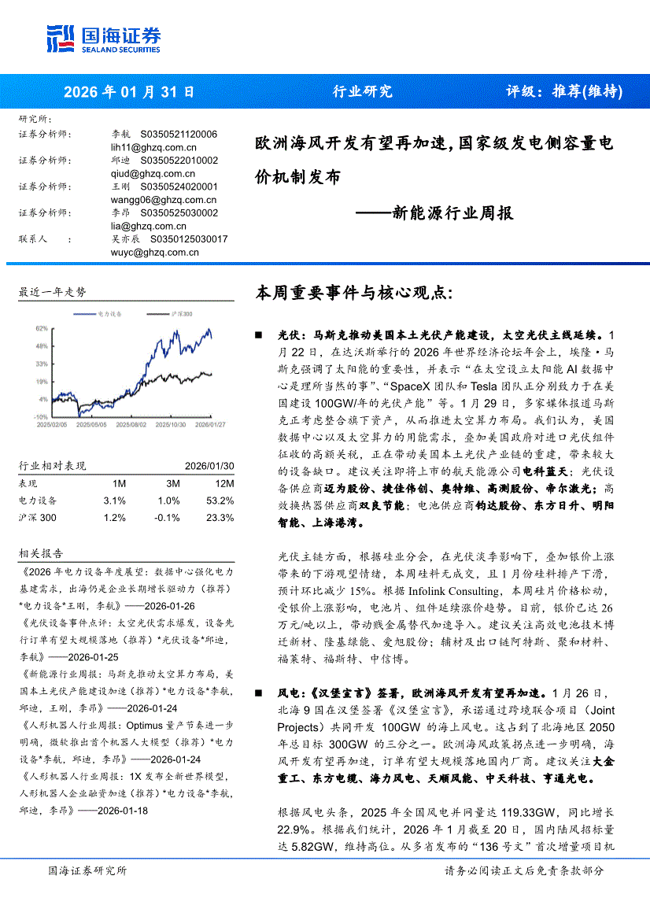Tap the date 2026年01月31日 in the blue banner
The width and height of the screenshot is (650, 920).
coord(129,91)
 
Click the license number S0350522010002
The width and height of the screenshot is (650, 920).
coord(179,161)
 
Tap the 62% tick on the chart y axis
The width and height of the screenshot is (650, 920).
coord(42,327)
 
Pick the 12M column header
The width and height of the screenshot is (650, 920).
coord(223,483)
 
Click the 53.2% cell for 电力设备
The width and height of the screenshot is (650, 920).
coord(220,501)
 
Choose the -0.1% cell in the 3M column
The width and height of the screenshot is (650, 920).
coord(168,518)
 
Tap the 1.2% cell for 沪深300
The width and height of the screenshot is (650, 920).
coord(114,518)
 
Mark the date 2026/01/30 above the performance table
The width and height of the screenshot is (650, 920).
coord(209,466)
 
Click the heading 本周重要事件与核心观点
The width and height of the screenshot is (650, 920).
coord(355,294)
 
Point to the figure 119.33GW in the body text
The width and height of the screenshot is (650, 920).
coord(512,811)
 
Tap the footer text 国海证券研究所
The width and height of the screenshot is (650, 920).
coord(87,870)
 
